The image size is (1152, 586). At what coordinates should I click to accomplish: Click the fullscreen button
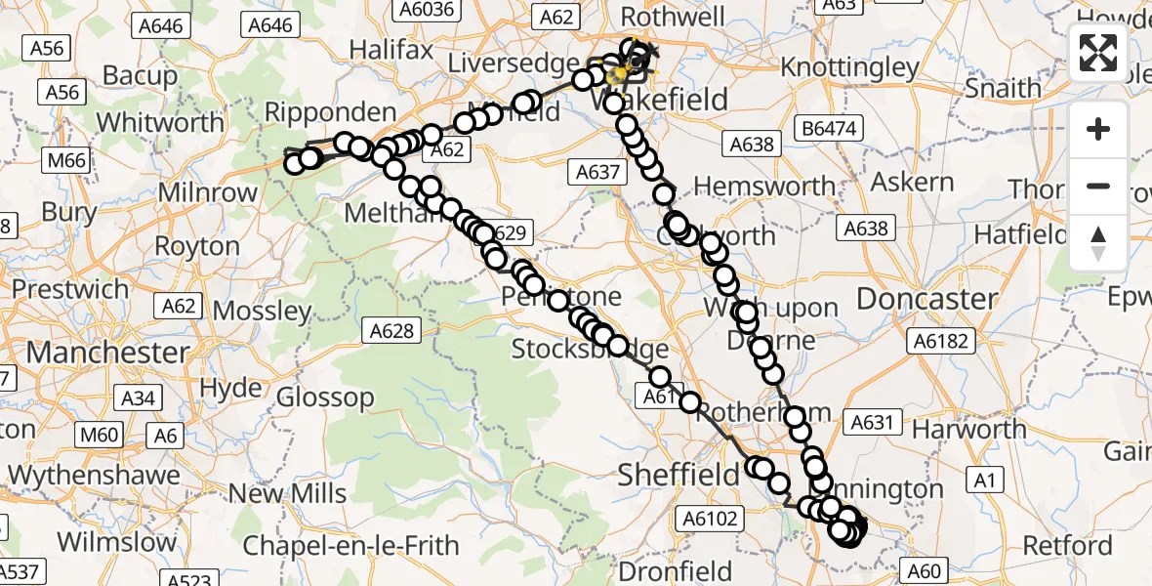click(x=1098, y=53)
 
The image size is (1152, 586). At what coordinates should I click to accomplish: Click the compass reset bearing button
click(x=1098, y=242)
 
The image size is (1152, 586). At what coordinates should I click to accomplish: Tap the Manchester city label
click(x=108, y=352)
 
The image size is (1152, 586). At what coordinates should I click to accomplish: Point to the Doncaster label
click(x=926, y=299)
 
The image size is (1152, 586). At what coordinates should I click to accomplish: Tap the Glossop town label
click(x=325, y=398)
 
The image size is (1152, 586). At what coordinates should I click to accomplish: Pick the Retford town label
click(x=1068, y=544)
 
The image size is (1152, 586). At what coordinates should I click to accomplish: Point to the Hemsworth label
click(x=764, y=186)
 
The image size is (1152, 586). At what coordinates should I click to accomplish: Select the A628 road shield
click(x=391, y=332)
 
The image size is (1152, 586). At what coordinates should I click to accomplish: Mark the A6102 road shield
click(x=713, y=519)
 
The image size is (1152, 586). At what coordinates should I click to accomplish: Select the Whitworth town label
click(x=162, y=122)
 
